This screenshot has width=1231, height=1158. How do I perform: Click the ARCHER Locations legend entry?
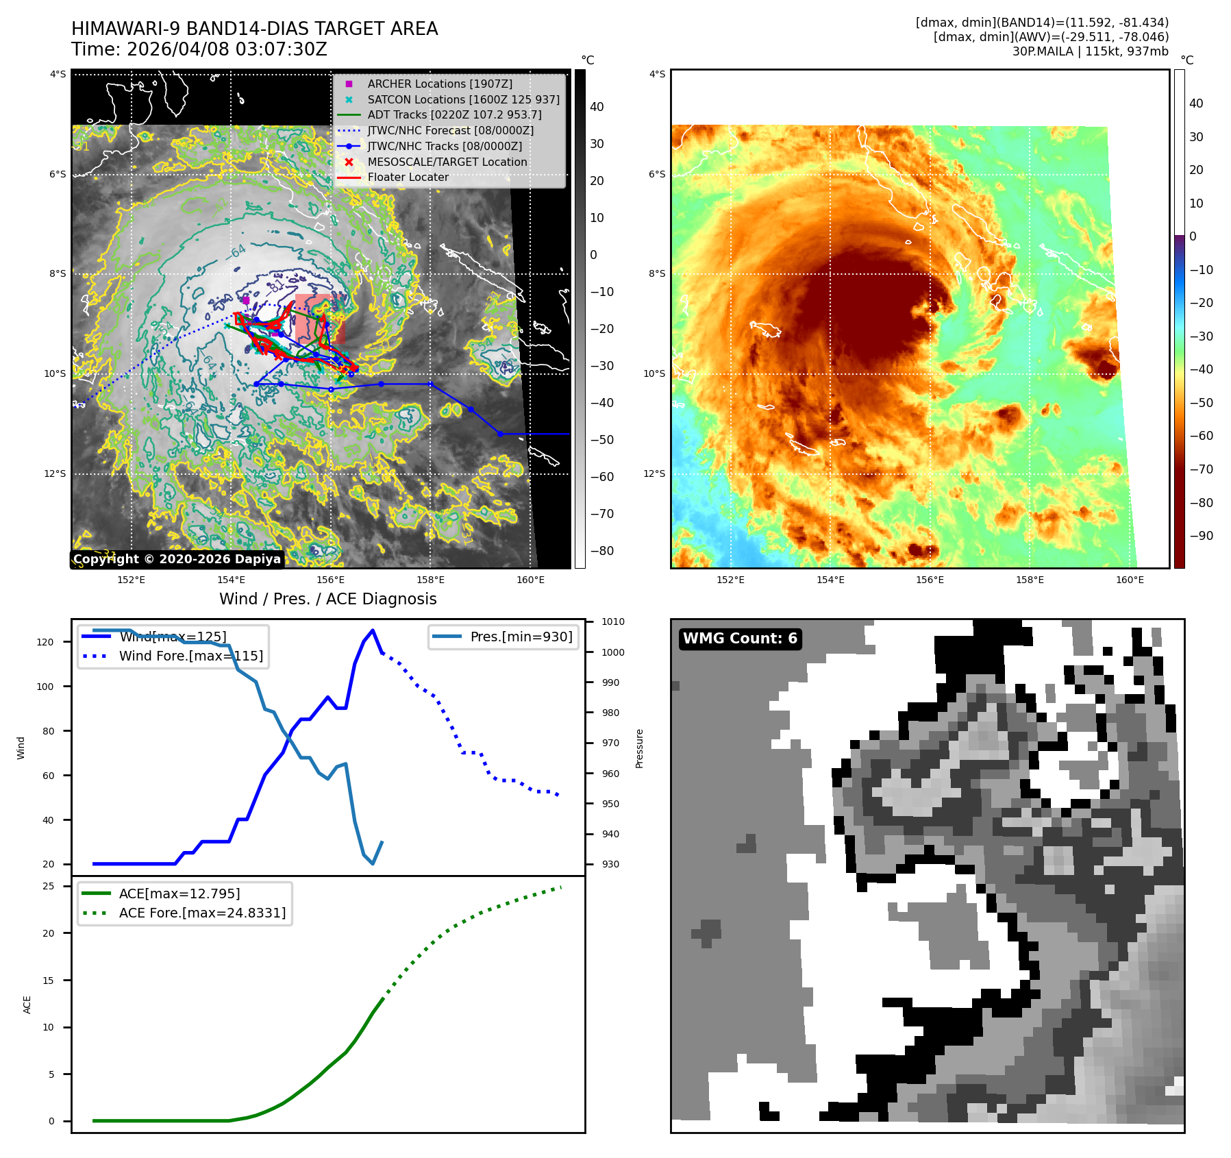[x=439, y=84]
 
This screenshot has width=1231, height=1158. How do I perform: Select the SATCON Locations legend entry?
[x=463, y=99]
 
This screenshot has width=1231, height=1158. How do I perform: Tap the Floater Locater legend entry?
[x=408, y=177]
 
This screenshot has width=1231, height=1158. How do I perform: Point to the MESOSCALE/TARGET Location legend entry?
[x=447, y=162]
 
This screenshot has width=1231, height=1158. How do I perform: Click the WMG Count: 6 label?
[x=740, y=639]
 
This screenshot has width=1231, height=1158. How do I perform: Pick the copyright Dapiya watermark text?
[x=177, y=559]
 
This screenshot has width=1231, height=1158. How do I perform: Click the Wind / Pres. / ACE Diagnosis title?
[x=327, y=599]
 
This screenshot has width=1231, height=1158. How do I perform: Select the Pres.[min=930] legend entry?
[x=521, y=637]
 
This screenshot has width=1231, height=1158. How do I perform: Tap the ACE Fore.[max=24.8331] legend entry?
[x=202, y=913]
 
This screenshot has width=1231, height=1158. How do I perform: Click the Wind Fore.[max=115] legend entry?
[x=190, y=656]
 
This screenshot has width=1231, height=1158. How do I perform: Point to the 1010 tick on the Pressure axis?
[x=612, y=621]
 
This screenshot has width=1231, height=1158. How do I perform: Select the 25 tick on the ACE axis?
[x=48, y=886]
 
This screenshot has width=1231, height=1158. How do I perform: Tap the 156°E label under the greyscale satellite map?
[x=330, y=580]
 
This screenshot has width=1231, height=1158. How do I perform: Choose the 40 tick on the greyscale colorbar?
[x=597, y=107]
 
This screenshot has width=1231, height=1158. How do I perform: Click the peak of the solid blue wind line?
[x=373, y=630]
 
